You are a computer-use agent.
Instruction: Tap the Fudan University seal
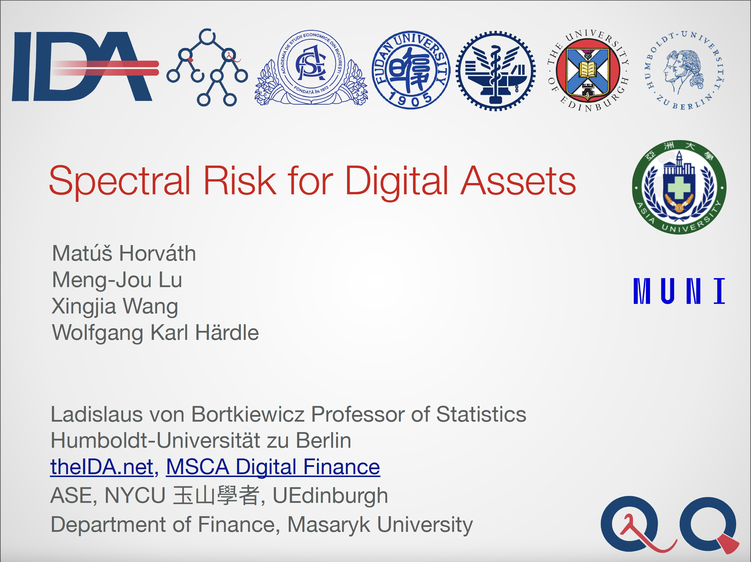[x=411, y=70]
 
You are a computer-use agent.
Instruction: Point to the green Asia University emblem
[x=679, y=187]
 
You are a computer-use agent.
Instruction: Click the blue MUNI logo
[x=679, y=291]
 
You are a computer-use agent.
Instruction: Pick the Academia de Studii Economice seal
[x=311, y=68]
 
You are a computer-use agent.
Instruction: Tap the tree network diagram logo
[x=207, y=67]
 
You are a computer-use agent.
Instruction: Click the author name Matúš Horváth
[x=124, y=253]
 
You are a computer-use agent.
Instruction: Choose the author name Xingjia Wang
[x=115, y=306]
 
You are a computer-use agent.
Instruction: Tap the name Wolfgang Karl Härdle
[x=156, y=332]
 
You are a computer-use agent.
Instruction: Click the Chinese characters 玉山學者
[x=216, y=496]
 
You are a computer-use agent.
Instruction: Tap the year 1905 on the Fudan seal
[x=411, y=99]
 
